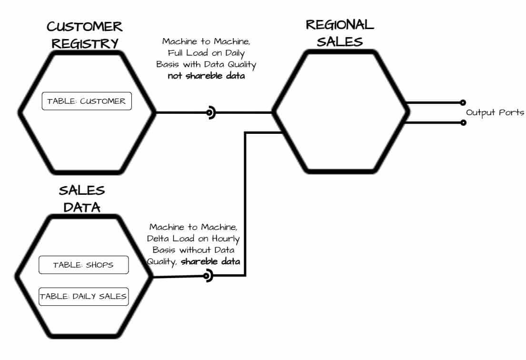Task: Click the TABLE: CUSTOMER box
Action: [x=86, y=101]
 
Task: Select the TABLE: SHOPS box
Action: [x=83, y=265]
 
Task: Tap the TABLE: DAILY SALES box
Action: [x=83, y=296]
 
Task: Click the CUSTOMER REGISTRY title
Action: [x=85, y=35]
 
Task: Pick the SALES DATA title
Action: [x=82, y=199]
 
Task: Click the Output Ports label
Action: [x=495, y=113]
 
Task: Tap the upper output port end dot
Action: [x=463, y=102]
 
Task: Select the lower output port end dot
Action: [x=463, y=122]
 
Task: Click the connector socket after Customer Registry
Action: [x=210, y=113]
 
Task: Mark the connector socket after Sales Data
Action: [x=207, y=276]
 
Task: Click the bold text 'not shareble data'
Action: [x=206, y=76]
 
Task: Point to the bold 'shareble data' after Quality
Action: [x=210, y=261]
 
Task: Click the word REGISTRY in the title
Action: [x=85, y=43]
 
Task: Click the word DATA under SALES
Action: [x=82, y=207]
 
